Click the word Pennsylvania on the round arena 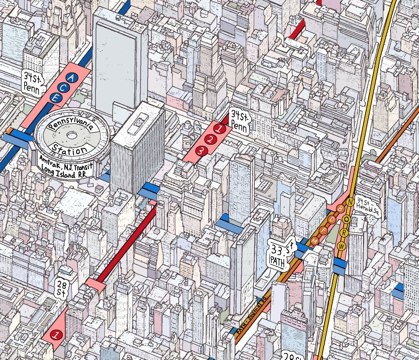pos(71,126)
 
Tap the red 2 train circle pos(211,140)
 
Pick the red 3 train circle pos(201,151)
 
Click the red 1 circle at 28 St pos(55,335)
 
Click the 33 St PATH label pos(280,255)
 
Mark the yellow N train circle pos(350,203)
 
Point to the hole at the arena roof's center pos(70,137)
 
